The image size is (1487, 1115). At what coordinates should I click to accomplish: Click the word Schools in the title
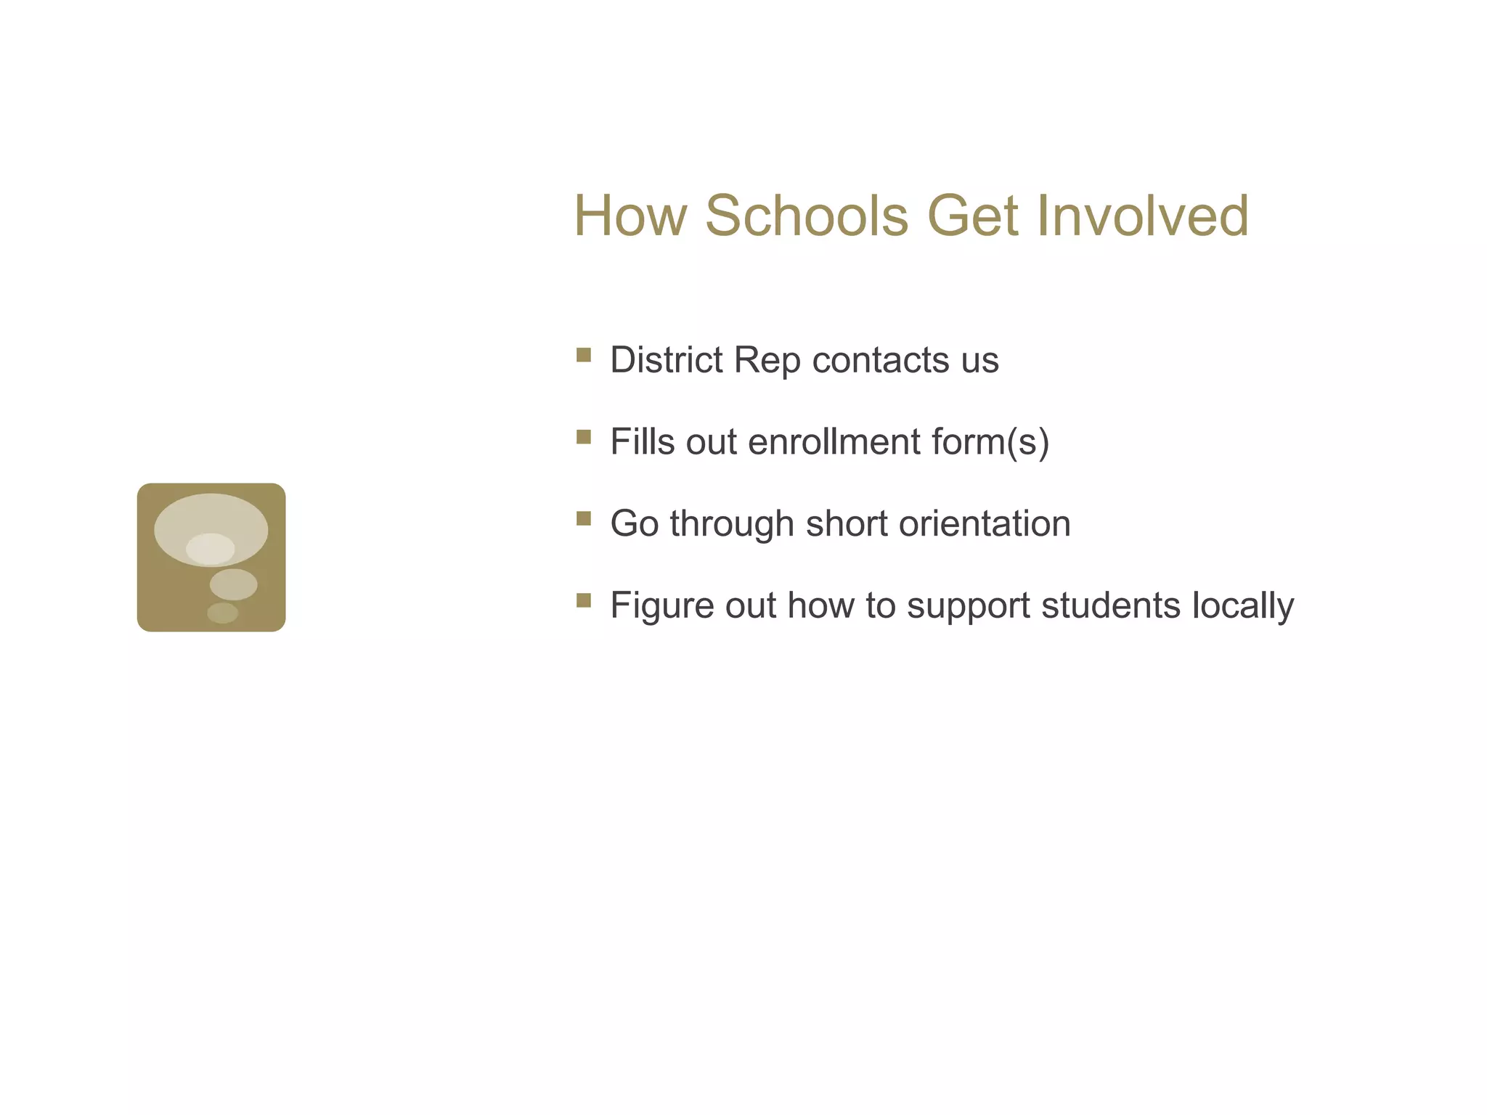807,216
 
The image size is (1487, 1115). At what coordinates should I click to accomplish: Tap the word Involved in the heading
1143,216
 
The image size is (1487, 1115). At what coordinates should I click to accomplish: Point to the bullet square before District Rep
584,355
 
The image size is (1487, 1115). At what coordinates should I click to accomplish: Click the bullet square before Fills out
584,436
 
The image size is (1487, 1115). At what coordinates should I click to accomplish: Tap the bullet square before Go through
584,518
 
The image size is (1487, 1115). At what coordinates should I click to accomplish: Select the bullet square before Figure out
584,600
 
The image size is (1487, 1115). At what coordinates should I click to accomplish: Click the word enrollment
834,441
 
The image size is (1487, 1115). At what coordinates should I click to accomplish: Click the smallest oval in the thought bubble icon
222,613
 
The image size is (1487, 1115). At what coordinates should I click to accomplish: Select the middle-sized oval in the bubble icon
234,584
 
